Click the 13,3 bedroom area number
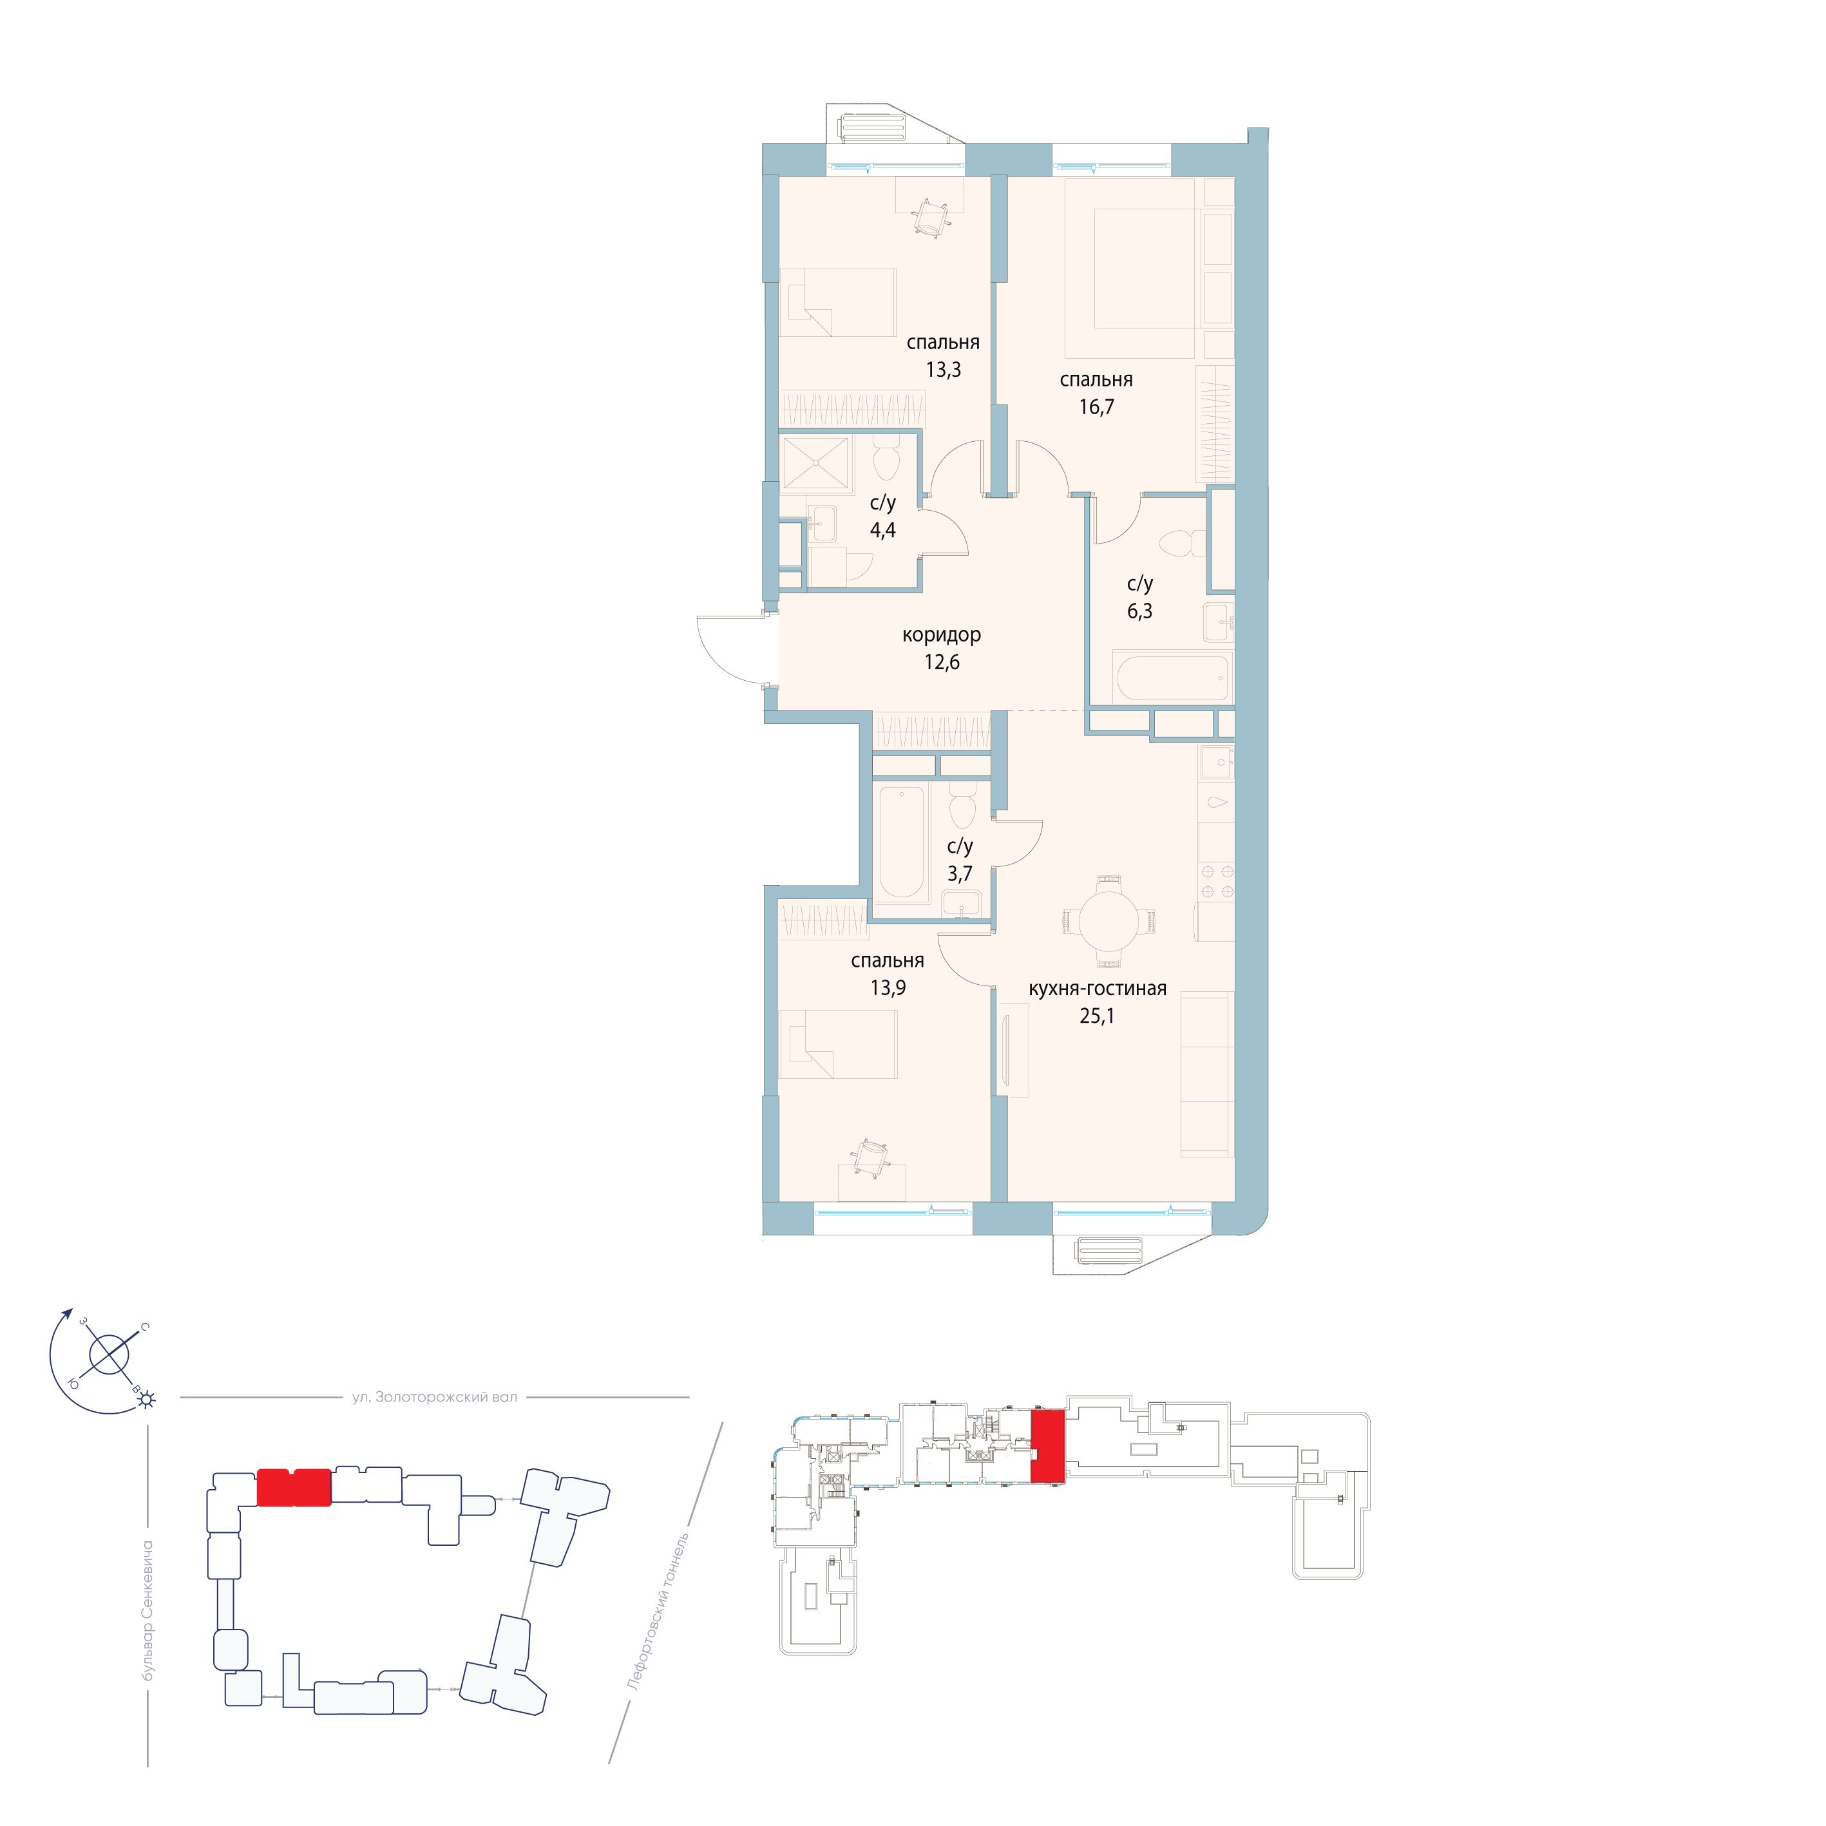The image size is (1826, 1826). [x=942, y=370]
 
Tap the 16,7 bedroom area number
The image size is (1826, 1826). [x=1096, y=406]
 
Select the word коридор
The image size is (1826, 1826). [x=942, y=635]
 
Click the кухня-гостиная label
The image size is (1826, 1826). [x=1098, y=989]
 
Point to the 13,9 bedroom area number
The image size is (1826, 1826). [x=888, y=987]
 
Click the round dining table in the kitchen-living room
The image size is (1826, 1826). [x=1108, y=922]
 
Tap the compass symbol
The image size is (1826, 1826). [x=109, y=1356]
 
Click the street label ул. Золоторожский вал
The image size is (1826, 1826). [x=434, y=1397]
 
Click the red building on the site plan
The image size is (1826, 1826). [x=294, y=1488]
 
